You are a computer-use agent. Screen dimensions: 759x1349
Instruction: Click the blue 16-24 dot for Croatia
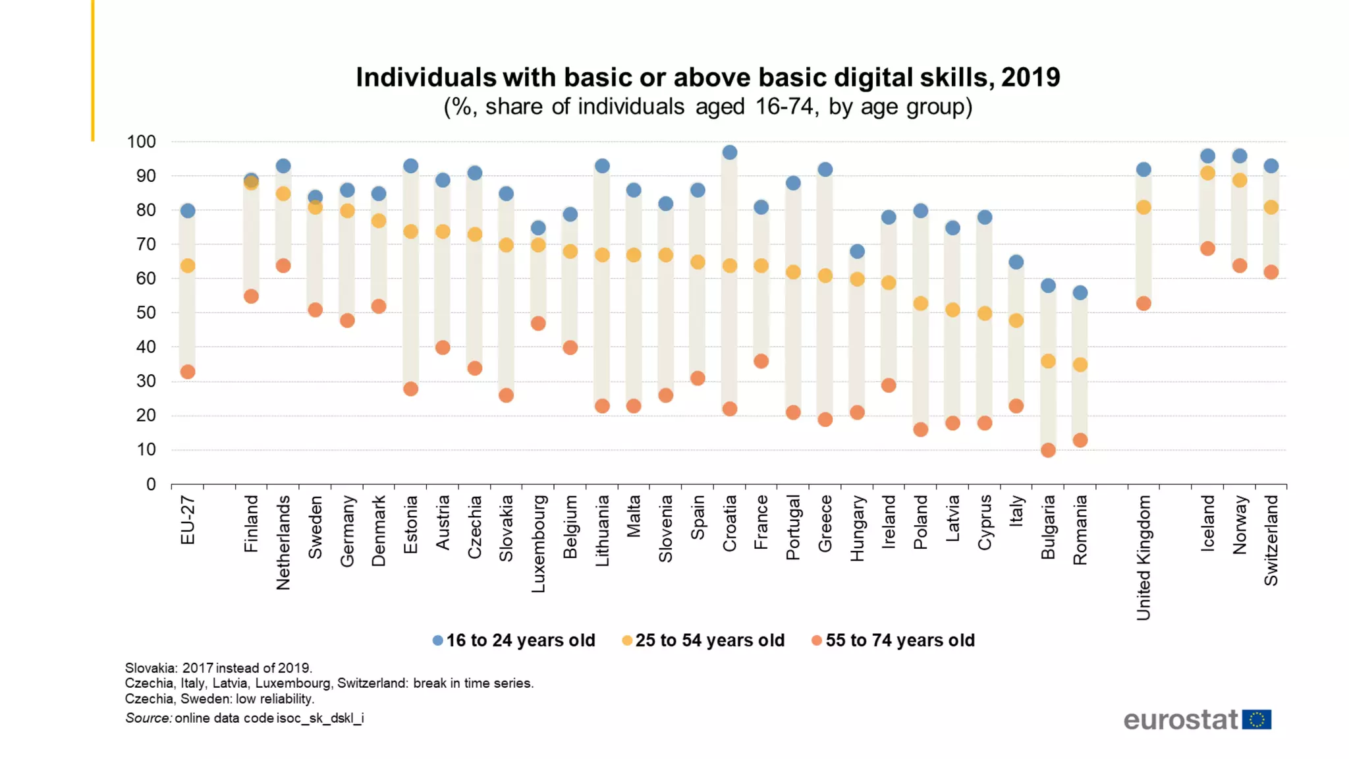coord(729,152)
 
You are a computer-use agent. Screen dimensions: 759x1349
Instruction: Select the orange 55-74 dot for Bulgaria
coord(1048,451)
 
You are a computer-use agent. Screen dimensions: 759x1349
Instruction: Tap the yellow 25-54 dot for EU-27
coord(188,266)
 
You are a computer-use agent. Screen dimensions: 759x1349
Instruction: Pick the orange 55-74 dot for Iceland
coord(1207,248)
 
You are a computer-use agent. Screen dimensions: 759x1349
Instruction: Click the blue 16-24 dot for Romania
coord(1080,293)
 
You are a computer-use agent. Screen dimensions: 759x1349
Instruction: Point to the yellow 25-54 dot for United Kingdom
coord(1143,208)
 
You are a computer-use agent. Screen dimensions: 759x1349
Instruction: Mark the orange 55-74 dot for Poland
coord(921,430)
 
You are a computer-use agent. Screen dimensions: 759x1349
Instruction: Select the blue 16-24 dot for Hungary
coord(857,252)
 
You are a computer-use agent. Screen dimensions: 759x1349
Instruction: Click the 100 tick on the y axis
coord(142,142)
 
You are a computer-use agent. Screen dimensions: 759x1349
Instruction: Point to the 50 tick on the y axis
coord(146,313)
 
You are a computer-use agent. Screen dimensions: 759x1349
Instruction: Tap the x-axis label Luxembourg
coord(538,544)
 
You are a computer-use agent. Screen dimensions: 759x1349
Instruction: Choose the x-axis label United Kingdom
coord(1143,557)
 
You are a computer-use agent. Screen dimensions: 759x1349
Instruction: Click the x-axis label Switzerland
coord(1271,540)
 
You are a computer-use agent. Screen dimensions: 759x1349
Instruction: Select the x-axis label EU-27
coord(188,520)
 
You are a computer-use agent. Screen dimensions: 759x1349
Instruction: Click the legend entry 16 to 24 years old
coord(514,640)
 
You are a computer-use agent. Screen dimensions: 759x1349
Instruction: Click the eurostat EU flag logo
coord(1257,719)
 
